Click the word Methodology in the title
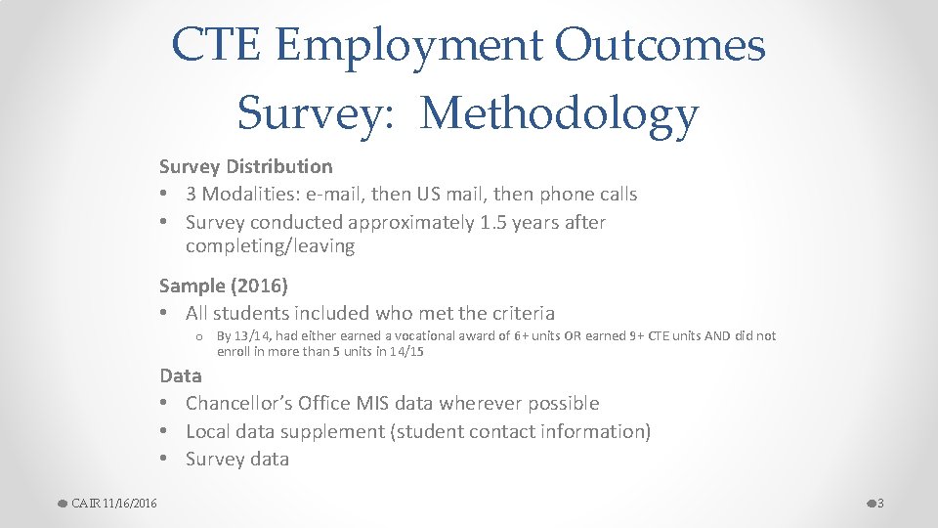coord(560,113)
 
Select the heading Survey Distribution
coord(245,167)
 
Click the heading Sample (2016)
coord(224,286)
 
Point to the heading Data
coord(181,375)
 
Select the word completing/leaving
coord(270,246)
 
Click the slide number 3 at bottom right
coord(880,504)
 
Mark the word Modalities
coord(241,195)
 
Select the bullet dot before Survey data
coord(166,460)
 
